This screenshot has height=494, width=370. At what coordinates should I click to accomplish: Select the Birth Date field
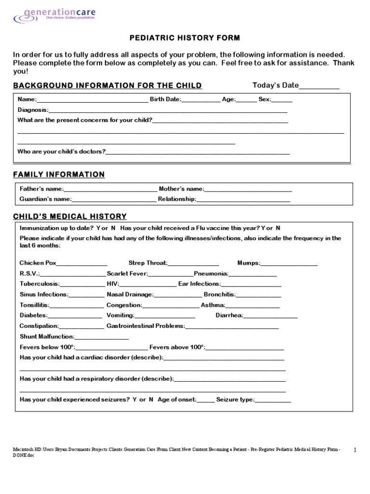click(201, 100)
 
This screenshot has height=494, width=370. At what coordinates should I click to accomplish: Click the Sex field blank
click(282, 100)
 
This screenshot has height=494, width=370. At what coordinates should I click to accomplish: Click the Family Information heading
click(59, 174)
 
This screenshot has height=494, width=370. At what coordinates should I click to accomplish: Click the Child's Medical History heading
click(70, 217)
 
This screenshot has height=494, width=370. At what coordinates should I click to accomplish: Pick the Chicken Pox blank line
click(82, 263)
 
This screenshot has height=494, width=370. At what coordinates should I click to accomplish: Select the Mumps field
click(289, 263)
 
